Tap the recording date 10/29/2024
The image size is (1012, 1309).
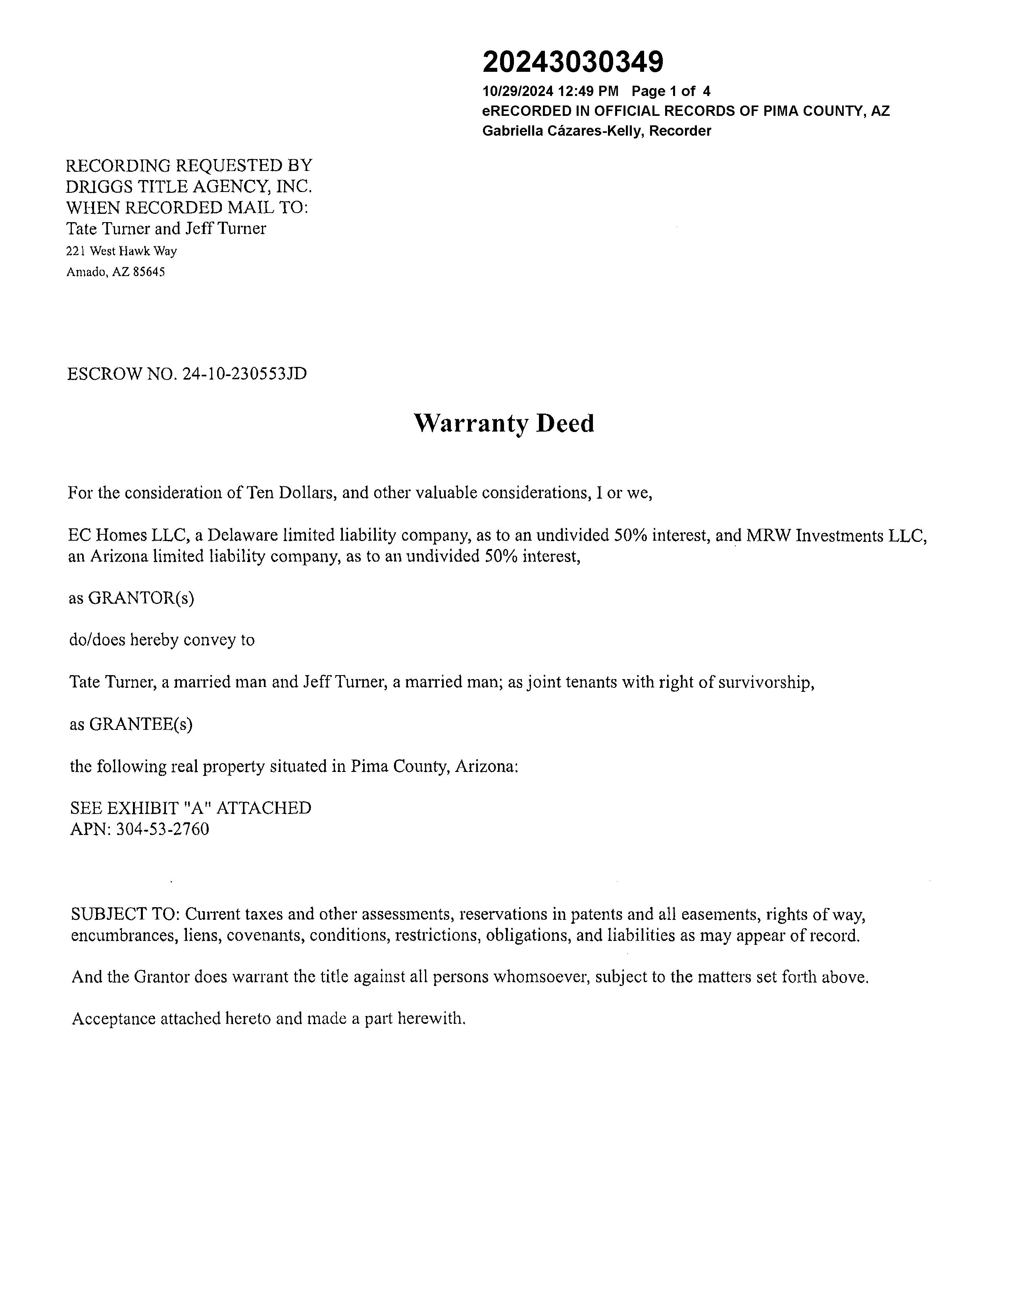(518, 91)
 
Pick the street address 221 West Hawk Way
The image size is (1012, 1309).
(122, 251)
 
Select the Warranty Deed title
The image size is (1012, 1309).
(504, 423)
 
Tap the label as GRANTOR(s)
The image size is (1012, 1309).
(131, 598)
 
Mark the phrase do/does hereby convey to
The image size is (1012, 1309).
(162, 640)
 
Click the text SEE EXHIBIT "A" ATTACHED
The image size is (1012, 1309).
(190, 808)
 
